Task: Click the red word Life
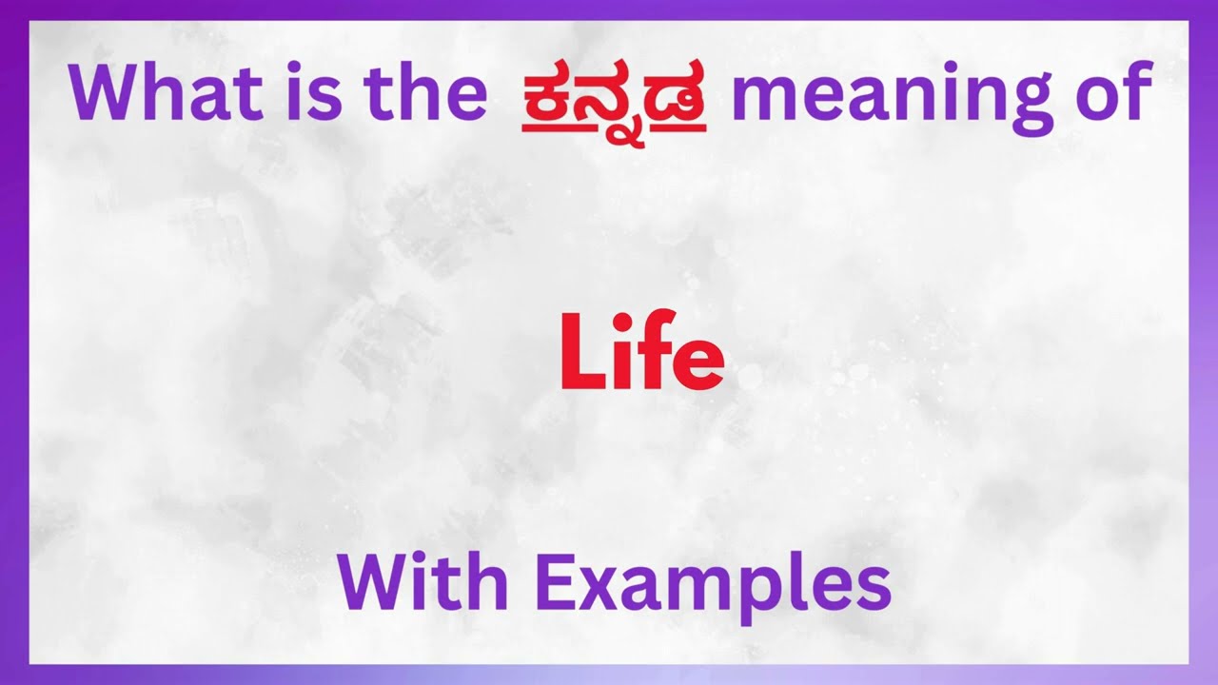[641, 355]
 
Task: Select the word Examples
[713, 585]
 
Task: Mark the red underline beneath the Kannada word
[614, 127]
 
